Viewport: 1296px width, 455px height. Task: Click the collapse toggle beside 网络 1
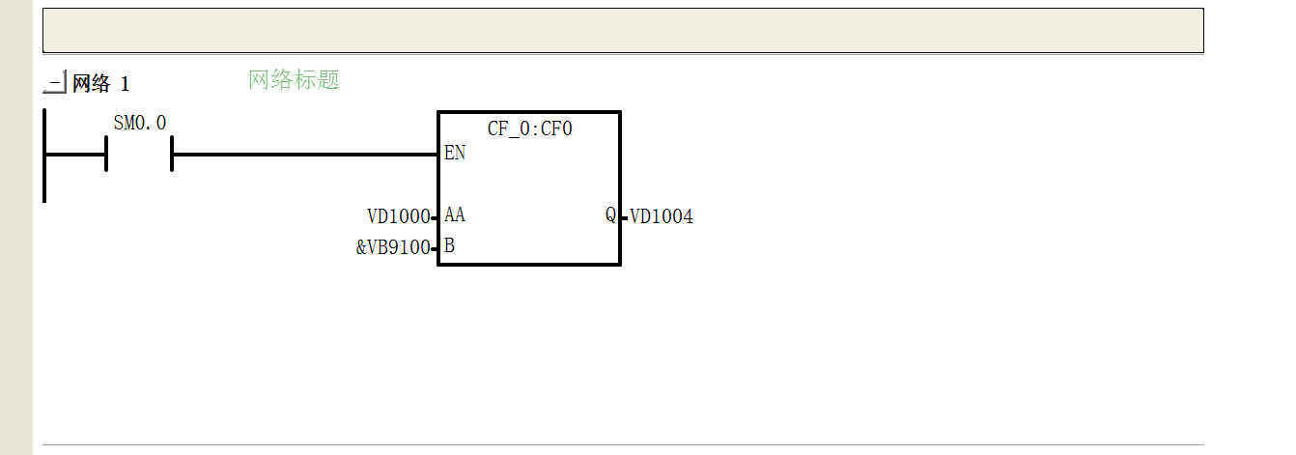pyautogui.click(x=55, y=82)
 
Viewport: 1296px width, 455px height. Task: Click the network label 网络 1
pyautogui.click(x=100, y=83)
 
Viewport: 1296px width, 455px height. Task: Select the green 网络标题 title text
pyautogui.click(x=294, y=80)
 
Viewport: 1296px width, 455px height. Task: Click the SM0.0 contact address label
pyautogui.click(x=139, y=123)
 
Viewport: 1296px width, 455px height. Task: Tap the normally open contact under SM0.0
pyautogui.click(x=139, y=154)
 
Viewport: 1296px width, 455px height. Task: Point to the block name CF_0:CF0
pyautogui.click(x=529, y=128)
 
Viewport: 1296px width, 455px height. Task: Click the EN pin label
pyautogui.click(x=455, y=153)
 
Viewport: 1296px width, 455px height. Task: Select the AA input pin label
pyautogui.click(x=455, y=214)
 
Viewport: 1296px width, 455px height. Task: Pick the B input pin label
pyautogui.click(x=450, y=246)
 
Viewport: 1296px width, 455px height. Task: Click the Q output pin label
pyautogui.click(x=611, y=214)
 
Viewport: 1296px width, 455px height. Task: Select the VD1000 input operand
pyautogui.click(x=399, y=216)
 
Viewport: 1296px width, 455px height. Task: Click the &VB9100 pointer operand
pyautogui.click(x=393, y=247)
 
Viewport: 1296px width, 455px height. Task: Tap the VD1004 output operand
pyautogui.click(x=662, y=216)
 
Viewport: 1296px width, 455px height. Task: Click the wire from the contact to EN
pyautogui.click(x=305, y=155)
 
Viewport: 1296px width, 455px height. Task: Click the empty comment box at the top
pyautogui.click(x=623, y=31)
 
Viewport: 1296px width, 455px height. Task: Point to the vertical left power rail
pyautogui.click(x=44, y=156)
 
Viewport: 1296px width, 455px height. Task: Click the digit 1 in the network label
pyautogui.click(x=125, y=84)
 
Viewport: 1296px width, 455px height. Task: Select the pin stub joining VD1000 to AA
pyautogui.click(x=435, y=218)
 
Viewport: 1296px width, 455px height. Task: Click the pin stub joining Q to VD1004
pyautogui.click(x=624, y=218)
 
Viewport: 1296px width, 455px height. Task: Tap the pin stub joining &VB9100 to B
pyautogui.click(x=435, y=249)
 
